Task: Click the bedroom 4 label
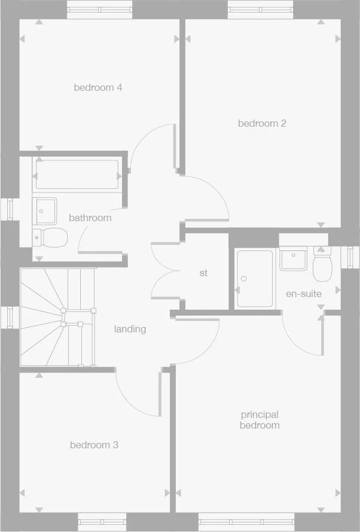(x=98, y=88)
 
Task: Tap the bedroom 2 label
(x=262, y=124)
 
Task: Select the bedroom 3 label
(x=94, y=445)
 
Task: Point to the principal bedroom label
(x=260, y=420)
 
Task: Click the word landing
(x=130, y=329)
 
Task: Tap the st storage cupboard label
(x=203, y=273)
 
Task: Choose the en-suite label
(x=304, y=294)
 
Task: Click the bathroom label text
(x=90, y=218)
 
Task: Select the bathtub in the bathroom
(x=77, y=175)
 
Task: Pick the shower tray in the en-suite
(x=254, y=279)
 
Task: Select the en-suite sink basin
(x=294, y=258)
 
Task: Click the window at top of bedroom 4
(x=100, y=10)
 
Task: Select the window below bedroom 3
(x=103, y=521)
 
